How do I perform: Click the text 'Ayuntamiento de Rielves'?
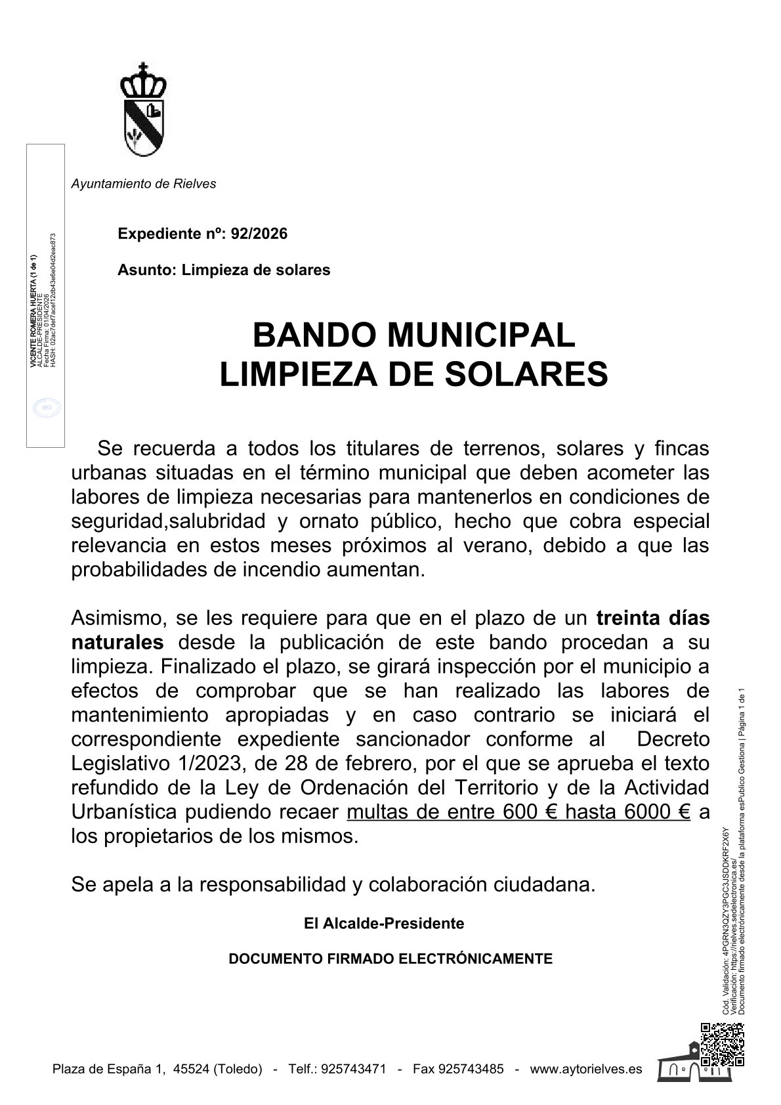[143, 184]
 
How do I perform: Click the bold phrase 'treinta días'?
[652, 618]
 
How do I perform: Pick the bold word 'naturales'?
[117, 642]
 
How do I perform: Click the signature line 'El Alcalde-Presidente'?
[384, 923]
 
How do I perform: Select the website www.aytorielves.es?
[586, 1069]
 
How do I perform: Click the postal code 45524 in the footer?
[191, 1069]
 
